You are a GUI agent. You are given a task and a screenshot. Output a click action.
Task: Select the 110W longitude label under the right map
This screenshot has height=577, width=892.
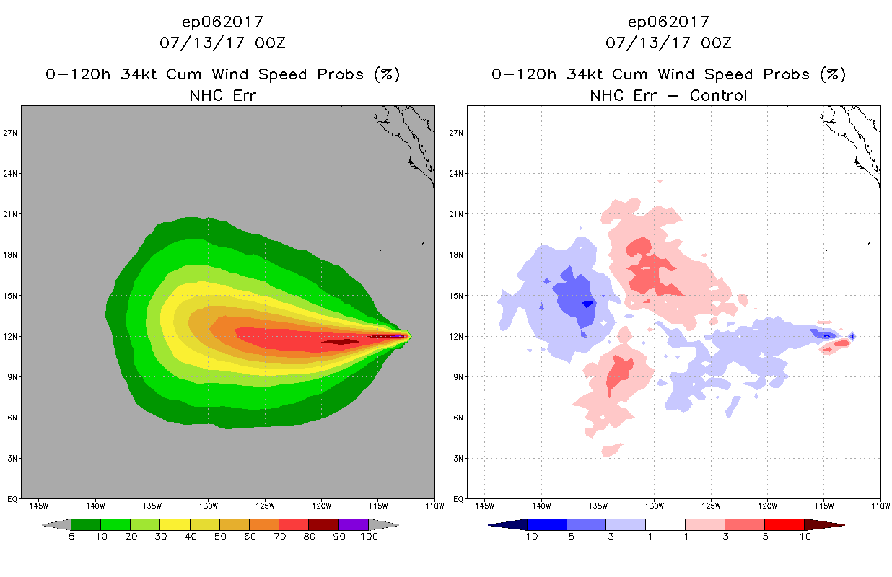pyautogui.click(x=880, y=505)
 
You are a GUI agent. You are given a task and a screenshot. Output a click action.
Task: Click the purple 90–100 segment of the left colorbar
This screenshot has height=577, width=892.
pyautogui.click(x=354, y=524)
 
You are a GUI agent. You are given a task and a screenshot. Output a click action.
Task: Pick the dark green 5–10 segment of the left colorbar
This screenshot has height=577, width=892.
pyautogui.click(x=85, y=524)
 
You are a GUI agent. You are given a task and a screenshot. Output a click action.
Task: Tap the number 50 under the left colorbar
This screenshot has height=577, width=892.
pyautogui.click(x=219, y=537)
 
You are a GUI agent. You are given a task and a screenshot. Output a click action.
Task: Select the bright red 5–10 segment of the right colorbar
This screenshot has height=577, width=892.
pyautogui.click(x=784, y=524)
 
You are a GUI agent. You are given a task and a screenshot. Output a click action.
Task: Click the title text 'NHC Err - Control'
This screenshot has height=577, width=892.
pyautogui.click(x=668, y=95)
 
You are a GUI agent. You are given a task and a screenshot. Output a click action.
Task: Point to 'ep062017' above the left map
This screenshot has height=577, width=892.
pyautogui.click(x=222, y=22)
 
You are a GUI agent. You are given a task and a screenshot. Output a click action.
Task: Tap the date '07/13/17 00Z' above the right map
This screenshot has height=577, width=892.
pyautogui.click(x=668, y=43)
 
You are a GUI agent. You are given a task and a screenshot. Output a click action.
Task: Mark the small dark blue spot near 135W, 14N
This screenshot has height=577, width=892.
pyautogui.click(x=587, y=304)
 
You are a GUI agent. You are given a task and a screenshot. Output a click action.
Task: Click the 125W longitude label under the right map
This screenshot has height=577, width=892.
pyautogui.click(x=710, y=505)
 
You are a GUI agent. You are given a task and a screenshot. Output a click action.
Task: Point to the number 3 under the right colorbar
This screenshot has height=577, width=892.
pyautogui.click(x=725, y=537)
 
